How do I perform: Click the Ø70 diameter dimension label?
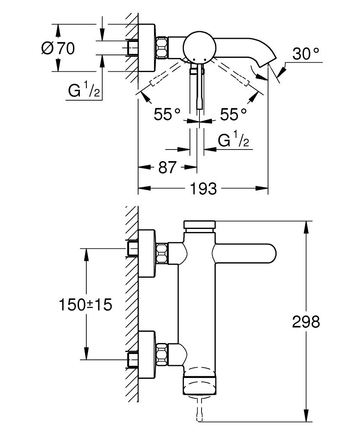(x=58, y=48)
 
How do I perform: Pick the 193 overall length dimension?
(x=203, y=188)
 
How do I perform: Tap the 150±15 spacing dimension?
(x=85, y=305)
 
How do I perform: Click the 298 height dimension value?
(x=306, y=321)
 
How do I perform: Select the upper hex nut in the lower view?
(x=162, y=253)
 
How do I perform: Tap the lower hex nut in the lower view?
(x=162, y=352)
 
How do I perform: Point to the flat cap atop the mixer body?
(x=199, y=225)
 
